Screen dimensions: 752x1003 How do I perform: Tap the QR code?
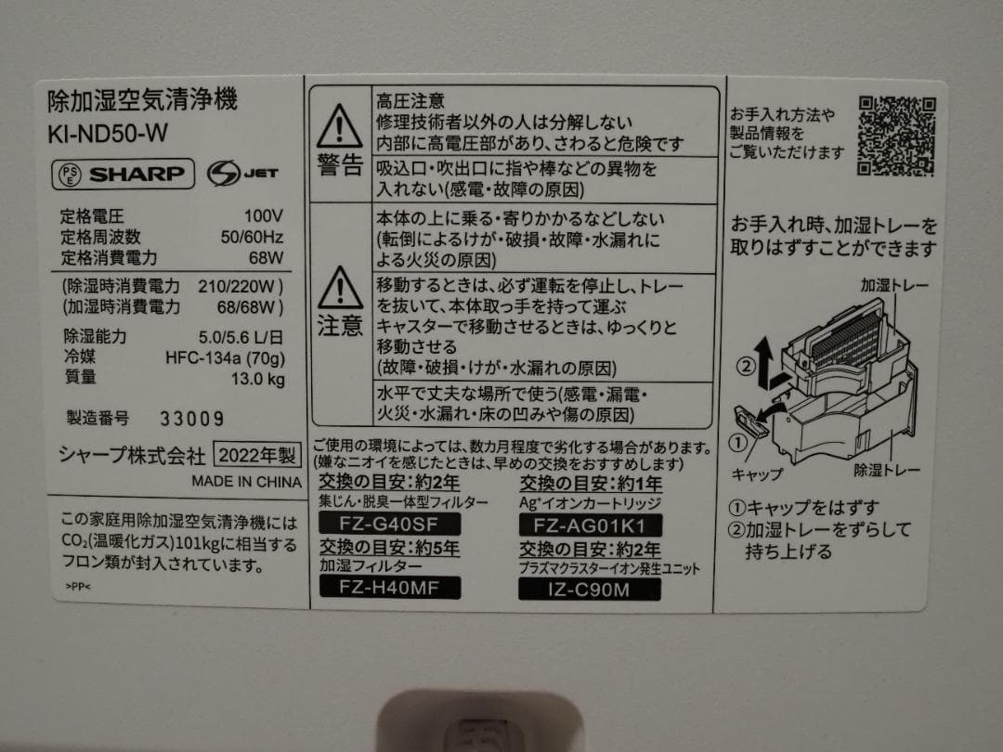coord(894,136)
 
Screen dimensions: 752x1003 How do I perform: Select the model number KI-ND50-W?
coord(107,132)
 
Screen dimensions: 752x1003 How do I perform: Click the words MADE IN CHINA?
coord(246,482)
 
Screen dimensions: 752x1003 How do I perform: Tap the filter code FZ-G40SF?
coord(377,523)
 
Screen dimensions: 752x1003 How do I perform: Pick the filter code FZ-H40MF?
coord(377,588)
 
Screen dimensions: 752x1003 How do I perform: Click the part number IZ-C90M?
coord(591,588)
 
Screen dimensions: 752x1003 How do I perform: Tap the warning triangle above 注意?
coord(339,288)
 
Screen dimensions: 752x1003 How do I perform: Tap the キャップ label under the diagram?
coord(758,473)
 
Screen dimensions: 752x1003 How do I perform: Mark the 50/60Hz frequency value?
coord(252,237)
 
